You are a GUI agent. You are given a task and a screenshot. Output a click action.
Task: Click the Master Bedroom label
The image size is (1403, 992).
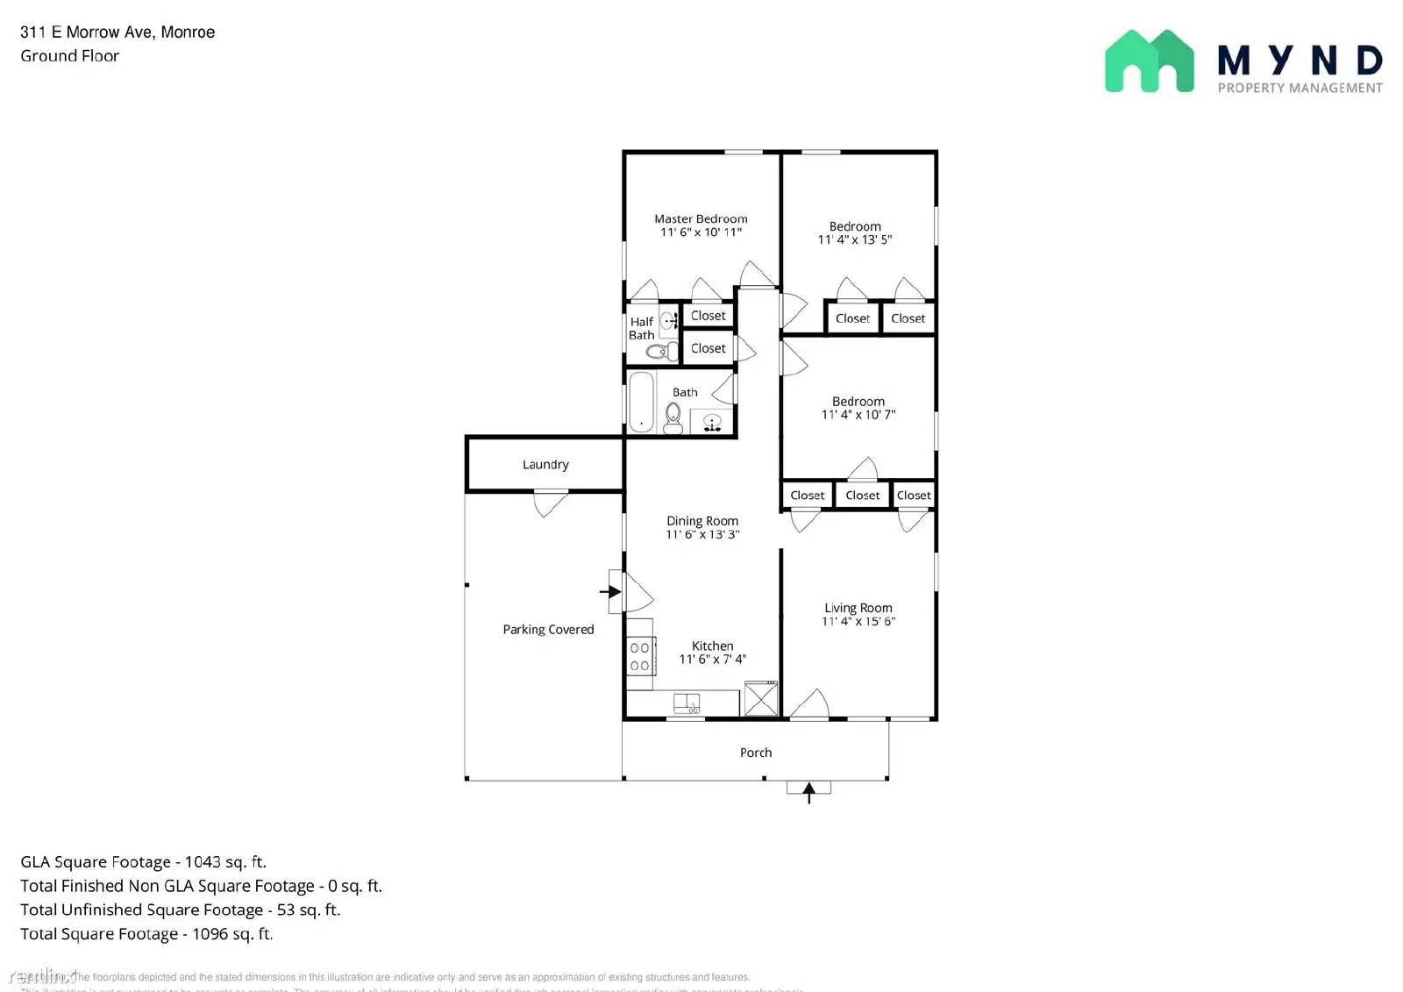(701, 219)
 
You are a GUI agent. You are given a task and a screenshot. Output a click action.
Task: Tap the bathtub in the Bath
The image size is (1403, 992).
(641, 403)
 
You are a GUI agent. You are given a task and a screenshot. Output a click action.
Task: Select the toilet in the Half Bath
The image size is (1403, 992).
(657, 352)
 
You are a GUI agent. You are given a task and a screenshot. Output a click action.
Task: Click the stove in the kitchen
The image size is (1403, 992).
(640, 656)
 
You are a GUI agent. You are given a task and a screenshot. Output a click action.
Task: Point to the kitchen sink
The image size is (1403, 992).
(686, 703)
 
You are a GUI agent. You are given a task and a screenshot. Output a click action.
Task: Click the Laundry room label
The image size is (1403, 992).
(545, 465)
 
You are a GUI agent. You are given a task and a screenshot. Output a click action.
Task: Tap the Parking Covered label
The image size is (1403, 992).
(548, 630)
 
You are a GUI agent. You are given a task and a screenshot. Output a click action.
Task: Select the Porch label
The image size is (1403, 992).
(755, 753)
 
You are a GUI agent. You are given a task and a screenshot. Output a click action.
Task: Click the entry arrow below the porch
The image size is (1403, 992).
(808, 792)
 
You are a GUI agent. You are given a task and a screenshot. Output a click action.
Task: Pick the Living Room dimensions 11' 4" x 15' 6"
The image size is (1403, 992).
(858, 622)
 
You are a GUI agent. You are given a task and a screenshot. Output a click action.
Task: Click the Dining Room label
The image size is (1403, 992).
(701, 521)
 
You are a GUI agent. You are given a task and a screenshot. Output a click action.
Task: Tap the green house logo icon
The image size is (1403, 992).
(1149, 61)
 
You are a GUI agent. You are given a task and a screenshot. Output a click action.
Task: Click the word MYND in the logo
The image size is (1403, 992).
(1300, 61)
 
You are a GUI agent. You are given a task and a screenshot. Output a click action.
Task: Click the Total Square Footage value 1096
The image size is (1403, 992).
(210, 934)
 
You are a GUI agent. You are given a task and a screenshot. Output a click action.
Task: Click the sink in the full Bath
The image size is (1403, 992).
(712, 422)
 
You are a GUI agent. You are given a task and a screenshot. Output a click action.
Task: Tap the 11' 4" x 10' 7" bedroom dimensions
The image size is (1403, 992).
(858, 415)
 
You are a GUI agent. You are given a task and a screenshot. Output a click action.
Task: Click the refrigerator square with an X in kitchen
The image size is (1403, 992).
(760, 699)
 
